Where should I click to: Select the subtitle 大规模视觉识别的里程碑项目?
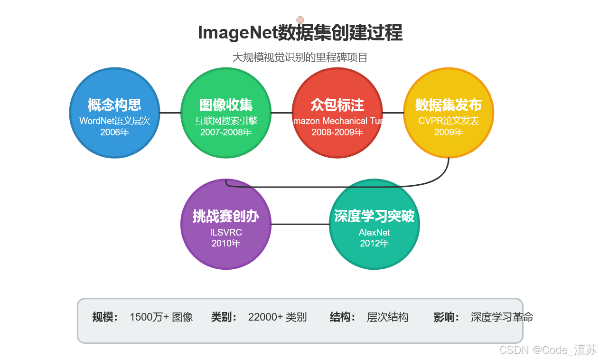(x=299, y=57)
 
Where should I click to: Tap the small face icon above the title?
(x=300, y=20)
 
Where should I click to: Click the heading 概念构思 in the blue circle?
(x=114, y=105)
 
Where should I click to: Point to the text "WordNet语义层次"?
(x=114, y=121)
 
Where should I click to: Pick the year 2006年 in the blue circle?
(x=114, y=132)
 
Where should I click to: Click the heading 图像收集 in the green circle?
(x=225, y=105)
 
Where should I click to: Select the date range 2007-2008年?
(x=225, y=132)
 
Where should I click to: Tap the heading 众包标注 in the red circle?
(x=337, y=105)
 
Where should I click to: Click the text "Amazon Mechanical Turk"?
(x=337, y=121)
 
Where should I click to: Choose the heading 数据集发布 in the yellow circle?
(x=448, y=105)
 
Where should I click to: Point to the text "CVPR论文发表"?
(x=448, y=121)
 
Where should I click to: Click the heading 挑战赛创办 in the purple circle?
(x=225, y=217)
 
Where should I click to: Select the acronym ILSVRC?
(x=225, y=232)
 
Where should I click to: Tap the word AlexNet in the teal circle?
(x=374, y=232)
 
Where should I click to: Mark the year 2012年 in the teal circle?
(x=374, y=243)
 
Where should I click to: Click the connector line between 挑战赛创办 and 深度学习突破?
(x=299, y=224)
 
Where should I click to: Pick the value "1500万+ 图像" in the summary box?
(x=161, y=317)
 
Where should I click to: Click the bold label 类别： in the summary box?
(x=224, y=317)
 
